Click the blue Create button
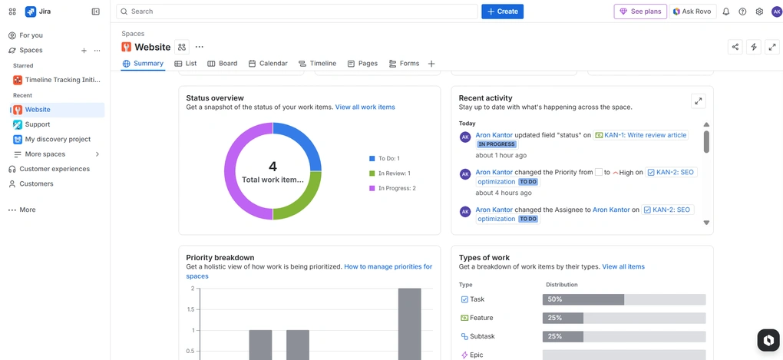coord(502,12)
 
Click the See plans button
coord(639,12)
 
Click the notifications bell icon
coord(726,12)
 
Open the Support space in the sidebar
coord(37,124)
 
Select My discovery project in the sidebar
coord(58,139)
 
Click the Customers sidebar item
coord(36,183)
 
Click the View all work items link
coord(365,107)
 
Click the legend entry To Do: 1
coord(388,158)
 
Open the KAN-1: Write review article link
coord(645,135)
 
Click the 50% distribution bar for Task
coord(583,299)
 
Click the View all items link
coord(623,267)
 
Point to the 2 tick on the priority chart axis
coord(192,289)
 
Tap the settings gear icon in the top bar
coord(759,12)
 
